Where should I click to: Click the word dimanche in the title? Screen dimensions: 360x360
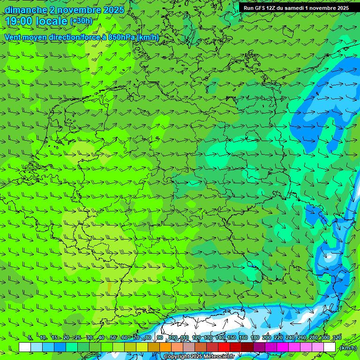(x=26, y=10)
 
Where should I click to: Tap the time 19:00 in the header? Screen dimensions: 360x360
(x=19, y=21)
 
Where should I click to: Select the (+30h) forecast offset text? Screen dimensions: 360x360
(x=81, y=21)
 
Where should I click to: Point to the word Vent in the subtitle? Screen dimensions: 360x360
(x=13, y=37)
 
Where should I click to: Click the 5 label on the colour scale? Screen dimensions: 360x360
(x=30, y=337)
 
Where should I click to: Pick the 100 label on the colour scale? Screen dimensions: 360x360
(x=173, y=337)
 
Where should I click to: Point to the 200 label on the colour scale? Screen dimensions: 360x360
(x=267, y=337)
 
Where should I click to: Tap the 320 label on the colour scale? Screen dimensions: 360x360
(x=336, y=337)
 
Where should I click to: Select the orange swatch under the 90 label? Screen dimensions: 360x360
(x=165, y=347)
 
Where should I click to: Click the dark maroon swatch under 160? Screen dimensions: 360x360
(x=247, y=347)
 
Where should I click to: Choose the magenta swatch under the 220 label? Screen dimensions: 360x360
(x=283, y=347)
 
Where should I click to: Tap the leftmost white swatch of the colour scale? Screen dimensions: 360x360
(x=25, y=347)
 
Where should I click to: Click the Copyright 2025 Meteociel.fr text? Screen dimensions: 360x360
(x=199, y=357)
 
